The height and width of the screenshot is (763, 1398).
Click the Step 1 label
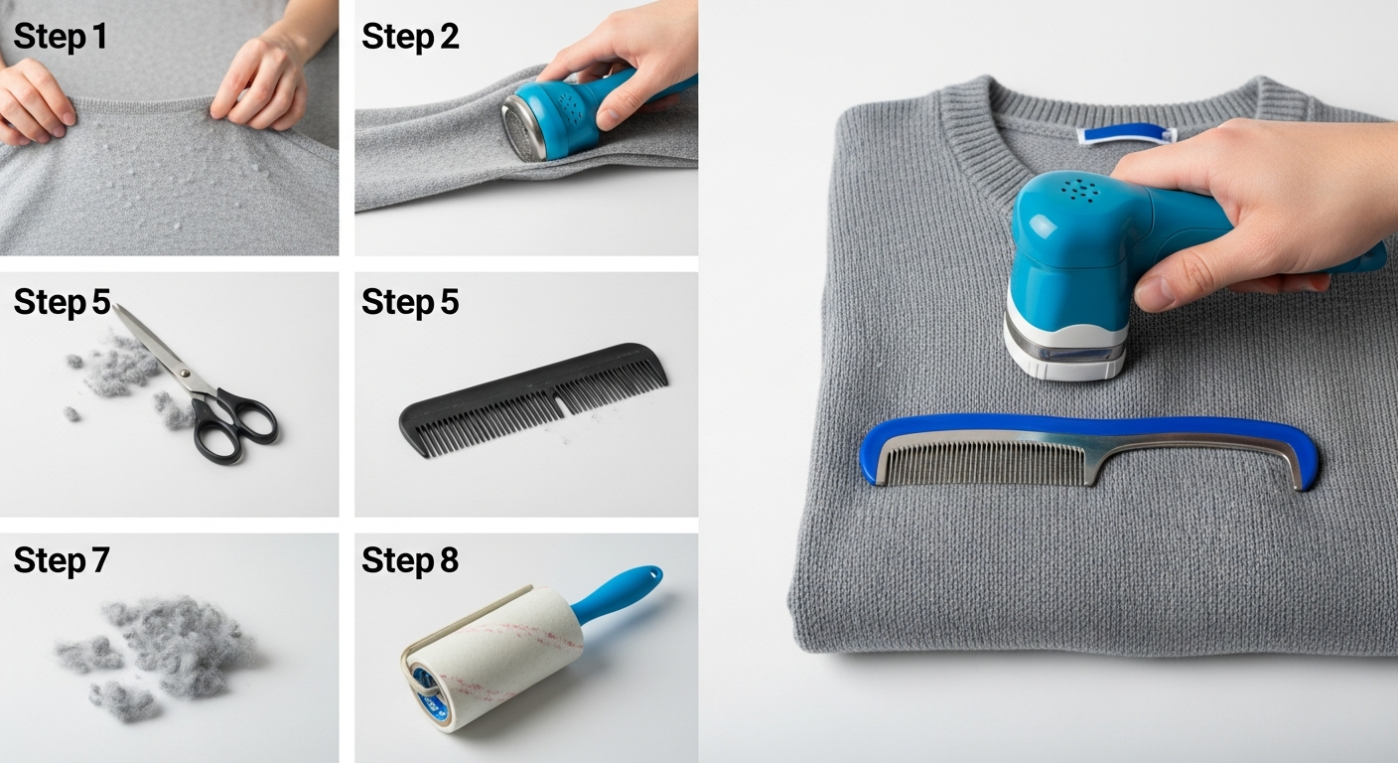[x=60, y=36]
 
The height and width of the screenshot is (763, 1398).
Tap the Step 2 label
[x=410, y=36]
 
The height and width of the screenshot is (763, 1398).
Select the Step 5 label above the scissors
[x=62, y=302]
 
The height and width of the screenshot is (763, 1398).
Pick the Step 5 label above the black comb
[x=410, y=302]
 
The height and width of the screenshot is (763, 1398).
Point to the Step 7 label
[x=62, y=560]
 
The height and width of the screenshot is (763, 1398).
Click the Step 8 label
[x=410, y=560]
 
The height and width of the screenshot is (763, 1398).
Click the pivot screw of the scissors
[x=185, y=373]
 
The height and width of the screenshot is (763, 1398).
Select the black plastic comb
[x=533, y=398]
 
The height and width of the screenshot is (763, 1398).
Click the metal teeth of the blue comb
[x=986, y=463]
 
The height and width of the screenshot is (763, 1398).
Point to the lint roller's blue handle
[x=616, y=595]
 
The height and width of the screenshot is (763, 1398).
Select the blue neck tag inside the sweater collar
[x=1126, y=133]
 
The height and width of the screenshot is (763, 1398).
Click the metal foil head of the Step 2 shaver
[x=523, y=128]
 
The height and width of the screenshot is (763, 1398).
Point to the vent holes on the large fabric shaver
[x=1080, y=190]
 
